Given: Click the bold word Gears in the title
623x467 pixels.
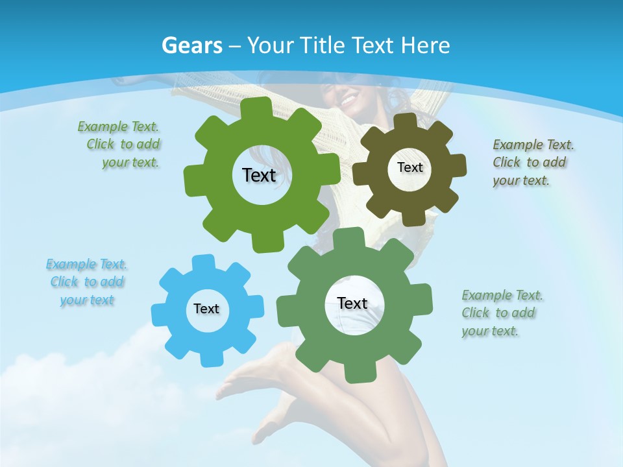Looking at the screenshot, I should click(x=192, y=45).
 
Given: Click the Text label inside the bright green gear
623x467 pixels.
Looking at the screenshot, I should click(x=259, y=175).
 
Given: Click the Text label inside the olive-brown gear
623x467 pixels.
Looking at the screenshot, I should click(x=409, y=167).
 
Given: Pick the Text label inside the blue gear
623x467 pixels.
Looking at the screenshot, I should click(x=206, y=309).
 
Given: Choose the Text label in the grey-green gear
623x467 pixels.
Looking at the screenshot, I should click(x=352, y=303).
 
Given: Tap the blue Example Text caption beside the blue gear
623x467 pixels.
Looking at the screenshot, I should click(x=87, y=282).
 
